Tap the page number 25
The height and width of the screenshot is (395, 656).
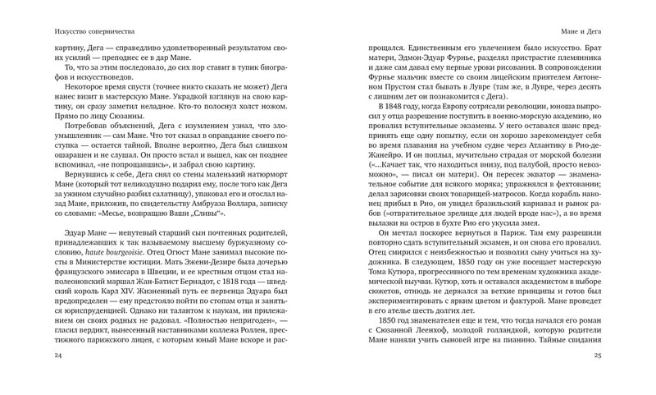tap(598, 355)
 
